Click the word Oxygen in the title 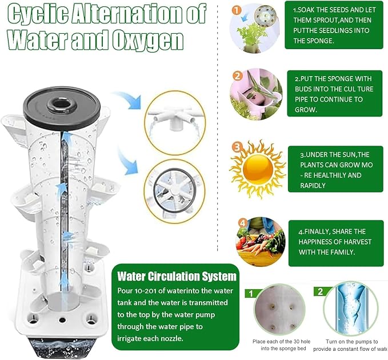[x=147, y=39]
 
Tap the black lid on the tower [x=62, y=105]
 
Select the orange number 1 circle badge [x=237, y=10]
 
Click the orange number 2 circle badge [x=238, y=75]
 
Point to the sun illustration [x=258, y=169]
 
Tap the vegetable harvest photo [x=261, y=242]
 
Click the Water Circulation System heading [x=177, y=277]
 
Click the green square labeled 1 [x=251, y=294]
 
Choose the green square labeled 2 [x=320, y=291]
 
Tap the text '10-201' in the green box [x=144, y=290]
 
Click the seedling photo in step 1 [x=255, y=29]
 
